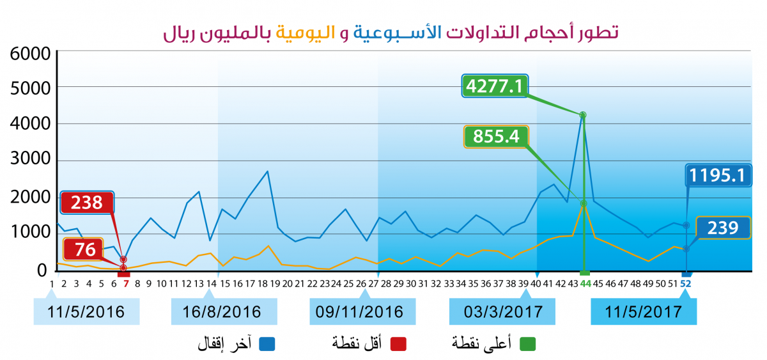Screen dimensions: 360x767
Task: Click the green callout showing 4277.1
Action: click(495, 86)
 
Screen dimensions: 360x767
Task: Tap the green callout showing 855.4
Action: click(497, 136)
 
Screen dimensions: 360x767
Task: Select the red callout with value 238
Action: click(87, 203)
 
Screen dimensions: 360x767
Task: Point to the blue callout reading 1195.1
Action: click(718, 175)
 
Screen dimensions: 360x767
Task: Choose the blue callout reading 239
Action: click(722, 227)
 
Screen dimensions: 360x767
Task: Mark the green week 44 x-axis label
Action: click(585, 283)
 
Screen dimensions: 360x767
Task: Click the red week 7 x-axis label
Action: click(126, 283)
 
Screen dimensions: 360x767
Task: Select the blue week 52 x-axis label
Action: click(686, 283)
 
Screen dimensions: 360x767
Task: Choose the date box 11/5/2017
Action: click(644, 312)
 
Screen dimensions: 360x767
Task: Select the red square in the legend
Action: click(398, 343)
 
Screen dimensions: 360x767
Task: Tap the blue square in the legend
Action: click(267, 343)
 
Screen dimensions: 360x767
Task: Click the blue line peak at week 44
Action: click(582, 115)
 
